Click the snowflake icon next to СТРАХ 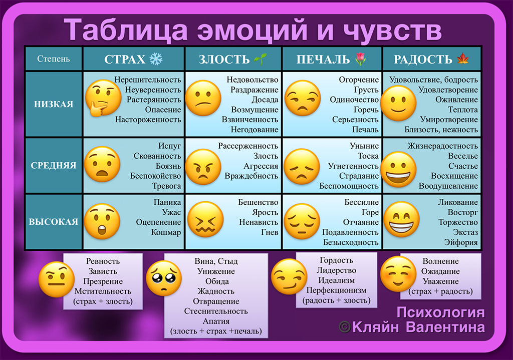(156, 59)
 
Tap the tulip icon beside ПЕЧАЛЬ (360, 59)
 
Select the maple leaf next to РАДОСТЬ (462, 59)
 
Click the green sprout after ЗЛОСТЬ (261, 59)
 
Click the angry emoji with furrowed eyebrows (203, 167)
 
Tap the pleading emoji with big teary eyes (164, 278)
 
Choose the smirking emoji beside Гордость (289, 276)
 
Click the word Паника (167, 202)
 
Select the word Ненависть (259, 222)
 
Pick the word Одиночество (354, 100)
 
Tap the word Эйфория (461, 242)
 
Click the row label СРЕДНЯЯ (53, 165)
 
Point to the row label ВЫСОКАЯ (53, 222)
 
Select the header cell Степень (53, 59)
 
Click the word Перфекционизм (336, 290)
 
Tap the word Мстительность (103, 291)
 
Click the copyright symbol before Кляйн (345, 327)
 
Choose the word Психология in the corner (440, 312)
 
